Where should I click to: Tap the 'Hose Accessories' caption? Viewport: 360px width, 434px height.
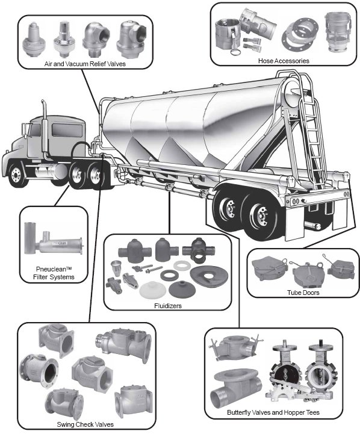point(284,61)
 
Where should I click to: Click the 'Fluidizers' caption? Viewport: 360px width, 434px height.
point(168,306)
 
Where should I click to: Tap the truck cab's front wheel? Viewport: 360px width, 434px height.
point(17,175)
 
